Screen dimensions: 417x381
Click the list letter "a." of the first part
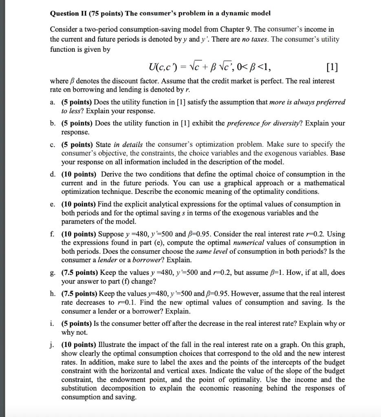coord(53,102)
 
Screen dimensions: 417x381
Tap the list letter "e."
coord(53,204)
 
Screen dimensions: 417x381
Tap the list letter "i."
coord(53,324)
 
